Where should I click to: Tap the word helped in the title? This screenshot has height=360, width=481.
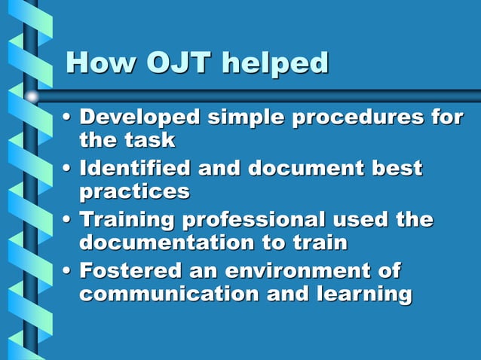click(274, 63)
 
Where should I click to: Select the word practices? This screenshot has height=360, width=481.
click(134, 192)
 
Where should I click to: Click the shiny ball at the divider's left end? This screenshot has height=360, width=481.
click(32, 96)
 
